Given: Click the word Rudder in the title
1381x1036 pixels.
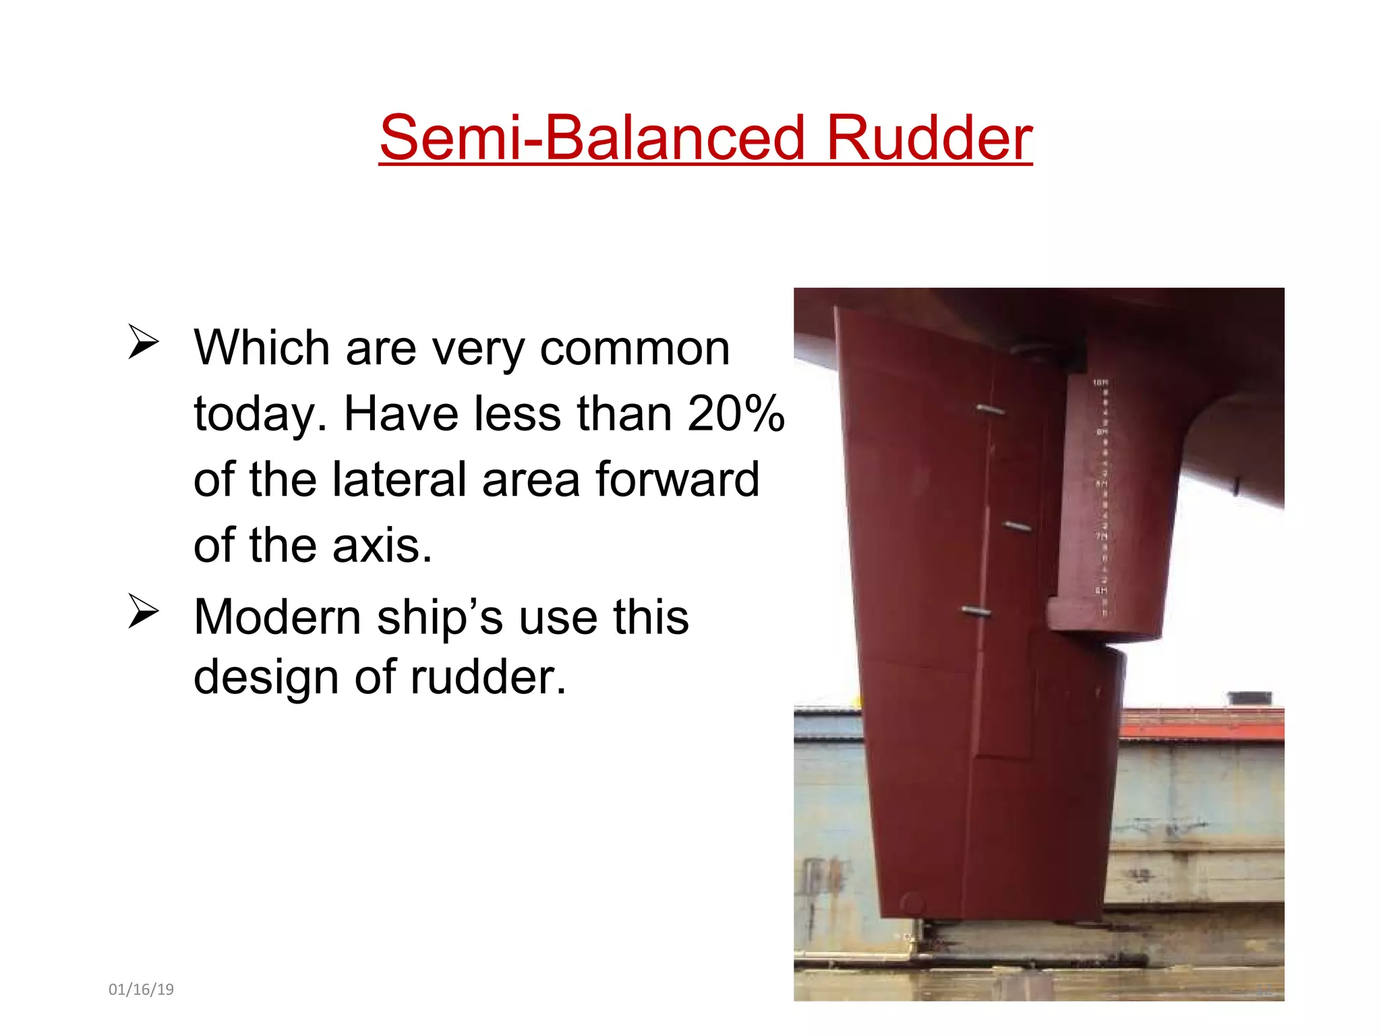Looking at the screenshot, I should click(929, 138).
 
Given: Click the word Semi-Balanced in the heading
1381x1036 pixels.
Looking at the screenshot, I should click(592, 138).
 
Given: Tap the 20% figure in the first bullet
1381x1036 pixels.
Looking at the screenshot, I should click(736, 413).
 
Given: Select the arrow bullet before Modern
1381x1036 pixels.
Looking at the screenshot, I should click(143, 611).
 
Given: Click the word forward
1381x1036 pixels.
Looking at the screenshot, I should click(677, 479).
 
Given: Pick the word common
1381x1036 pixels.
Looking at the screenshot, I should click(635, 349).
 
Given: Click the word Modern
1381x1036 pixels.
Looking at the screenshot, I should click(277, 616).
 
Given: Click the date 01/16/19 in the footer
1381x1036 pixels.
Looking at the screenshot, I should click(141, 989).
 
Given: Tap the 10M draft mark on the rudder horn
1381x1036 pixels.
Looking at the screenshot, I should click(1100, 382).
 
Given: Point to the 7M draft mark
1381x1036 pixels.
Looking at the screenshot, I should click(1100, 536).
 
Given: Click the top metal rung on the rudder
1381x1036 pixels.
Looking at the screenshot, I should click(990, 409).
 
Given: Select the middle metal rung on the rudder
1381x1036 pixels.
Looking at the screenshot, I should click(1017, 526).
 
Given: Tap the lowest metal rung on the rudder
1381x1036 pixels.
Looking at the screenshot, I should click(976, 612).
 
